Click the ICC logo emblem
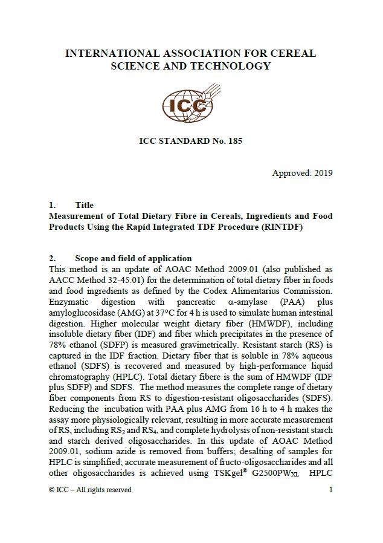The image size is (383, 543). (x=188, y=108)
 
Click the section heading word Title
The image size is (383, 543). (x=84, y=205)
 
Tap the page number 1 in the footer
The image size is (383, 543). (x=330, y=490)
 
